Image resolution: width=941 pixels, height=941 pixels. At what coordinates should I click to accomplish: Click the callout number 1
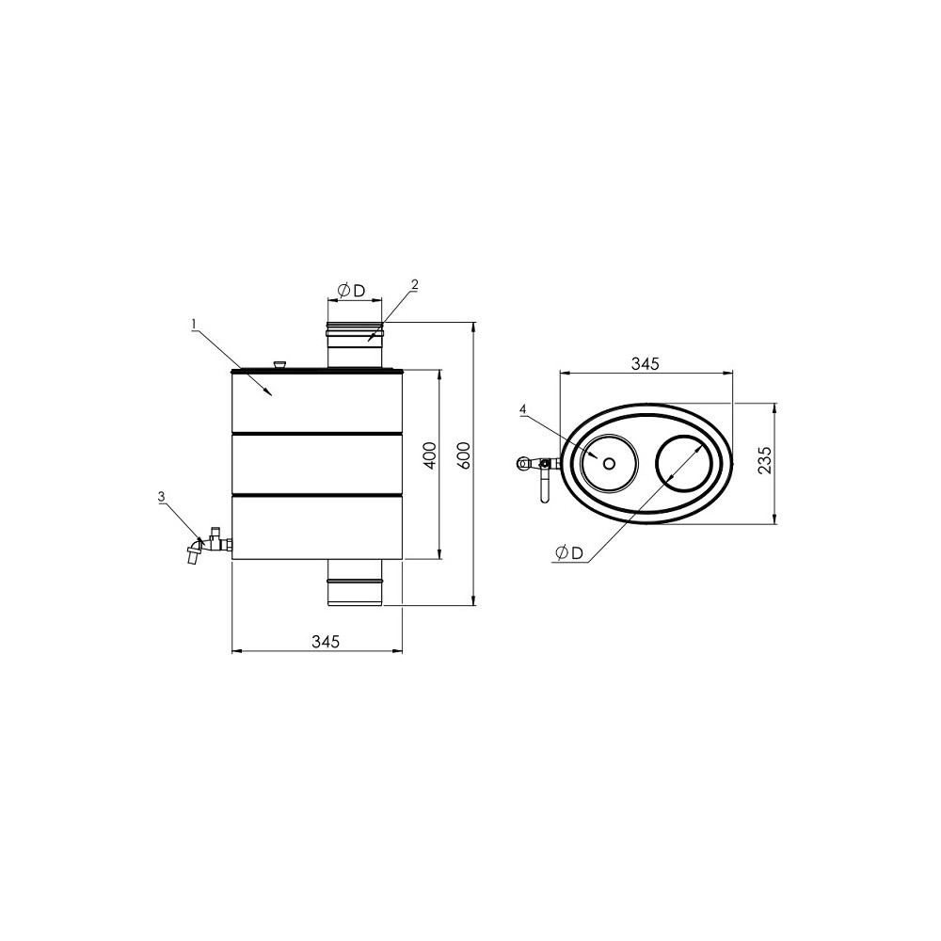194,325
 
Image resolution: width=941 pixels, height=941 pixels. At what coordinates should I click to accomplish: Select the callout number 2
414,284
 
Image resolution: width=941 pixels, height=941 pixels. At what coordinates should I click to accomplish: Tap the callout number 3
161,496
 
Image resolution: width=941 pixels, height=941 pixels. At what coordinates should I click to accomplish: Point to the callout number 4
522,409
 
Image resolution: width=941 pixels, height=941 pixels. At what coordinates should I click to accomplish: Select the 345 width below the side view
326,642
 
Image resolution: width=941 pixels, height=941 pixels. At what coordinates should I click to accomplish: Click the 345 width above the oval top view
646,363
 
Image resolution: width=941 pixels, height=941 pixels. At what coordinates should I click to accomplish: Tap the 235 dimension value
764,460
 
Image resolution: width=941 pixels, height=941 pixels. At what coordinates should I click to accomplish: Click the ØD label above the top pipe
352,291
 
